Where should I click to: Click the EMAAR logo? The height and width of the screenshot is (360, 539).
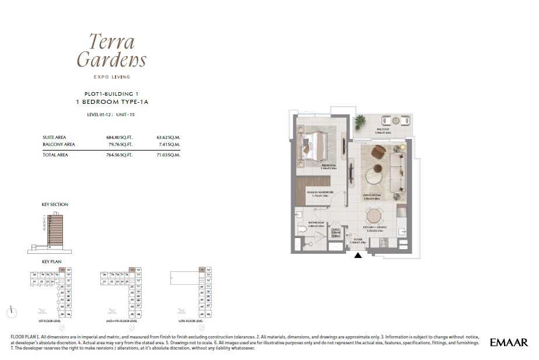click(509, 342)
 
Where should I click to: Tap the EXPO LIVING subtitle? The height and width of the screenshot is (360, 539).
click(111, 76)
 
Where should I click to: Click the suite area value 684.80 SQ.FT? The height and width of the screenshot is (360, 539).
click(120, 137)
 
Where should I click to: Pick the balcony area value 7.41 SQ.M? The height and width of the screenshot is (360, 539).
click(169, 144)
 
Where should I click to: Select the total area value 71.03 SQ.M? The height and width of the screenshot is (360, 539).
click(168, 155)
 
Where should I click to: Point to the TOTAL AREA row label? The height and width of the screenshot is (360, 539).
click(55, 155)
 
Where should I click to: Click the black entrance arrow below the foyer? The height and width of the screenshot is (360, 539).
click(358, 255)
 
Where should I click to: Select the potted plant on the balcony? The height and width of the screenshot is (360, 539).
click(359, 122)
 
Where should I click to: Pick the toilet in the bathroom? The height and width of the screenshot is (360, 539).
click(302, 229)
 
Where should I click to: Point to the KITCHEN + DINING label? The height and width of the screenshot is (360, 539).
click(375, 228)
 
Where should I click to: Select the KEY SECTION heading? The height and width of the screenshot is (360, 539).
click(55, 205)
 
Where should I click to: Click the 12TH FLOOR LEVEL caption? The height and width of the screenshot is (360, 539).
click(191, 321)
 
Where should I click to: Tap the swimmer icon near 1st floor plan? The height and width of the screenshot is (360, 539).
click(41, 311)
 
